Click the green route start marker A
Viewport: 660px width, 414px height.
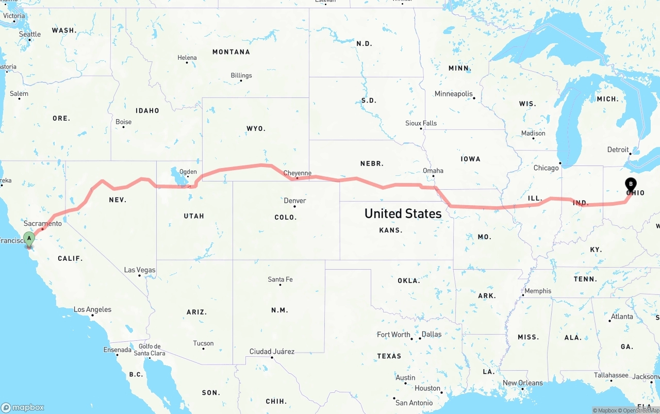[x=29, y=238]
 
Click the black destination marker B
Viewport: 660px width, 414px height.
[x=631, y=185]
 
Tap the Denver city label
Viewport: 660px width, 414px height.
[x=295, y=201]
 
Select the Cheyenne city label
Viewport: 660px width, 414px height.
[x=298, y=173]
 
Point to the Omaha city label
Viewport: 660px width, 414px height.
[x=433, y=171]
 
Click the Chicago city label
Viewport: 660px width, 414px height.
[x=546, y=168]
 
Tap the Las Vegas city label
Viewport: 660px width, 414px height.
[x=140, y=270]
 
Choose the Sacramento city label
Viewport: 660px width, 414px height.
[x=43, y=223]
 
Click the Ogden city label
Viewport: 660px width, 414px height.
[x=188, y=172]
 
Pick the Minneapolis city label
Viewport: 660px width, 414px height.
[x=454, y=94]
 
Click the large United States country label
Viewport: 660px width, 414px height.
[x=403, y=213]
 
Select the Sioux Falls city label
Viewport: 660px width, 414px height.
[x=421, y=123]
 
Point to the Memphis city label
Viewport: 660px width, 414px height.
[x=538, y=291]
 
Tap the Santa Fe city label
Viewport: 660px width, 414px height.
[x=280, y=279]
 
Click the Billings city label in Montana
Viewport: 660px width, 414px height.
[x=241, y=75]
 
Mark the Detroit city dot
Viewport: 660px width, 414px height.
[x=630, y=153]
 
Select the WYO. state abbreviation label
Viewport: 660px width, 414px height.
[x=256, y=128]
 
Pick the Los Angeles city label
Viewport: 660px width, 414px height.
[x=92, y=309]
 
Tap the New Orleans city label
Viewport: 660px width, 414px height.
[x=523, y=383]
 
